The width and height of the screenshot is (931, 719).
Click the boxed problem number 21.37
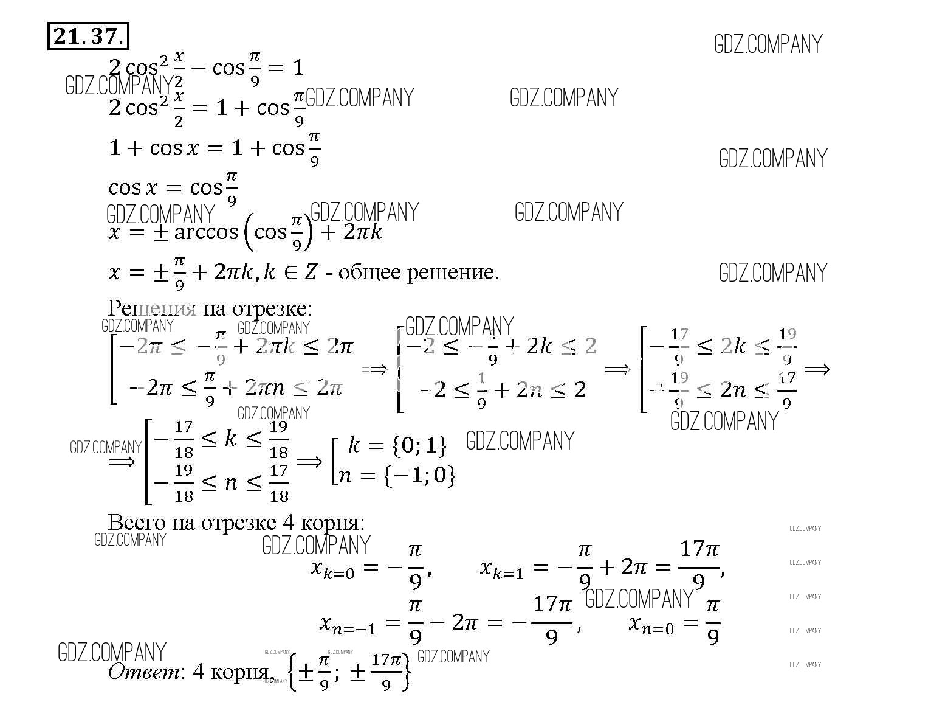pos(88,37)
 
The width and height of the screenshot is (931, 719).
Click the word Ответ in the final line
pos(143,672)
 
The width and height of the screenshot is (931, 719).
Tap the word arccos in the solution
pos(206,232)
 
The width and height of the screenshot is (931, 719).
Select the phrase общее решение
pos(417,273)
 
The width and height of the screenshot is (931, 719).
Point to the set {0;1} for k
pos(419,446)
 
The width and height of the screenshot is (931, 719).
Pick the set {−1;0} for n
pos(419,475)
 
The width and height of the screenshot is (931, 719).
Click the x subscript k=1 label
pos(502,569)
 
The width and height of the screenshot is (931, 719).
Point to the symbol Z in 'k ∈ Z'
pos(311,273)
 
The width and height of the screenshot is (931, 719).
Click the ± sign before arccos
pos(160,232)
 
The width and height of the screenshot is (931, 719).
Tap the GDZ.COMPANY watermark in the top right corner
pos(768,44)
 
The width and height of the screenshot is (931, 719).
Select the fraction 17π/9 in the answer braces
pos(386,672)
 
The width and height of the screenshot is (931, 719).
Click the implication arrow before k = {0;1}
pos(309,462)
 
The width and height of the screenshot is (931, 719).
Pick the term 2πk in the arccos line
pos(362,232)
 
